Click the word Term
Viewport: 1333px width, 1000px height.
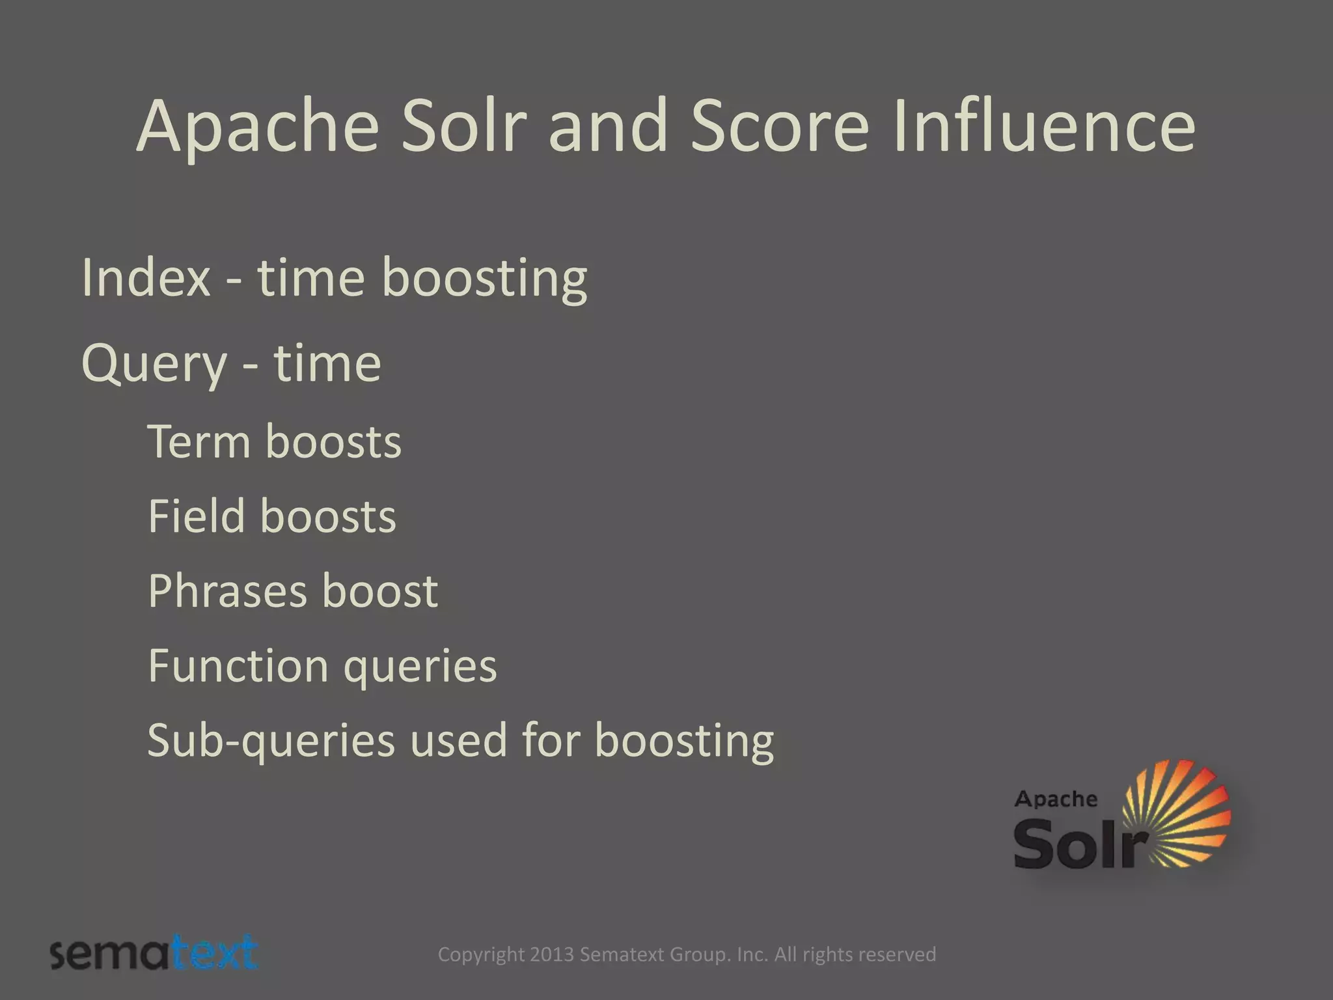click(199, 442)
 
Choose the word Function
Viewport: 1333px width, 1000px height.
click(238, 666)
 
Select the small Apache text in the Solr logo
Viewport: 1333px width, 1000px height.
click(1055, 799)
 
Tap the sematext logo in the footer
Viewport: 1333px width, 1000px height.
click(154, 954)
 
